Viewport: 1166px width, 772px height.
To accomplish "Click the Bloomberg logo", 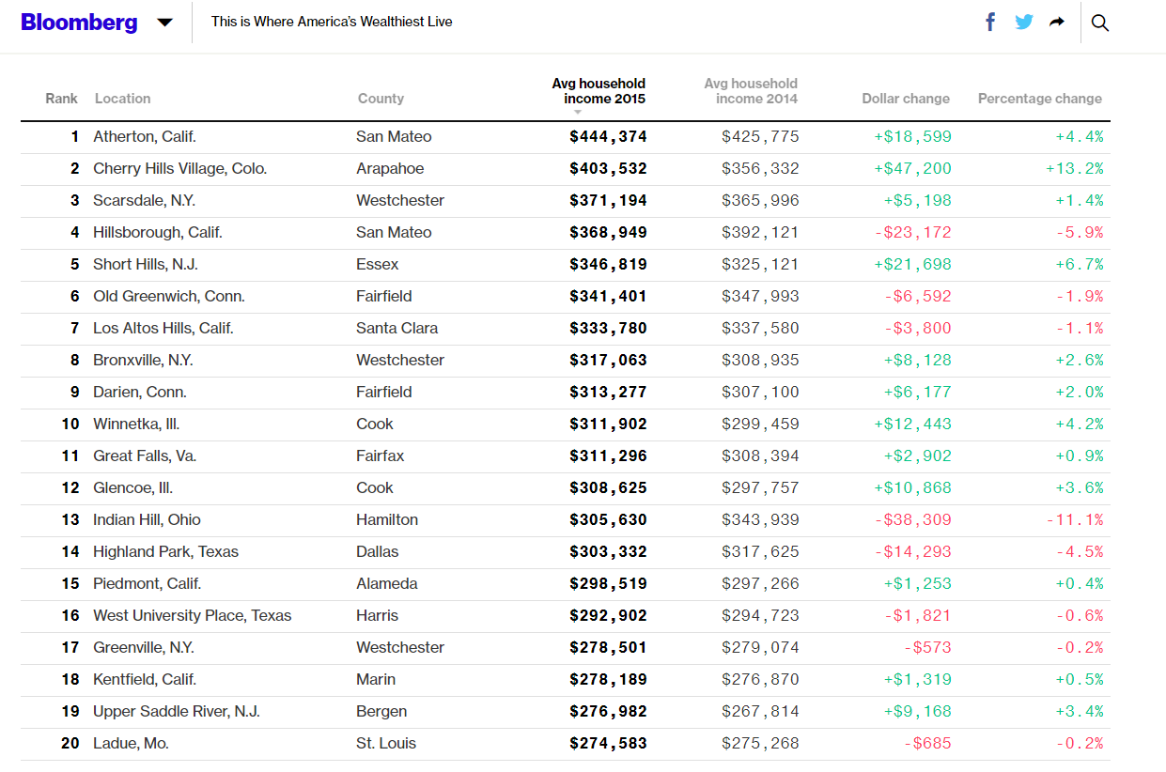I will pos(79,22).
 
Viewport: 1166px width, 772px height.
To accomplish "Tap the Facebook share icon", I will pos(990,22).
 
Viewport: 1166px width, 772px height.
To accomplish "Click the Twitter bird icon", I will pos(1024,22).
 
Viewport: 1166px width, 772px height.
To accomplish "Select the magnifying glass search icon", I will pos(1100,23).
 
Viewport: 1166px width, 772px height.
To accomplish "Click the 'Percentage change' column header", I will pos(1039,99).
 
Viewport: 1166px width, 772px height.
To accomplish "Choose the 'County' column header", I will pos(381,99).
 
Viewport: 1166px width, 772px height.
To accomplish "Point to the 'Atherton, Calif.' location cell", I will pos(145,137).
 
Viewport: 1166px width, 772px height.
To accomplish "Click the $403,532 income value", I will pos(608,169).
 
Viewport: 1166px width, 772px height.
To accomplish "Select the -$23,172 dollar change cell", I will pos(912,233).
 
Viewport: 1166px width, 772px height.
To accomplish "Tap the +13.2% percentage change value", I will pos(1074,169).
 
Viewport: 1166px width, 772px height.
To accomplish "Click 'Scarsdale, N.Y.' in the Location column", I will pos(144,201).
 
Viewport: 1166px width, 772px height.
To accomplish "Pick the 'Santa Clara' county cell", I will pos(396,329).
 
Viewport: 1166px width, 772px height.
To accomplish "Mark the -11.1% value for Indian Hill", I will pos(1074,520).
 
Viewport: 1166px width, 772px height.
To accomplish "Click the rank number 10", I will pos(70,425).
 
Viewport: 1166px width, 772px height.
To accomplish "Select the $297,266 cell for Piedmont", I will pos(760,584).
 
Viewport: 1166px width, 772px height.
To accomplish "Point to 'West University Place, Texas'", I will pos(192,616).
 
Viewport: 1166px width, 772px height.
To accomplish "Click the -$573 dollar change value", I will pos(927,648).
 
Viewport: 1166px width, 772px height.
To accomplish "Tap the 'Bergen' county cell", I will pos(381,712).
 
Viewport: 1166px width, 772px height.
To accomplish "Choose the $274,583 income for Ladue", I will pos(608,744).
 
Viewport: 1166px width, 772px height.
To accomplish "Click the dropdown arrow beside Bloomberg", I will pos(164,23).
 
